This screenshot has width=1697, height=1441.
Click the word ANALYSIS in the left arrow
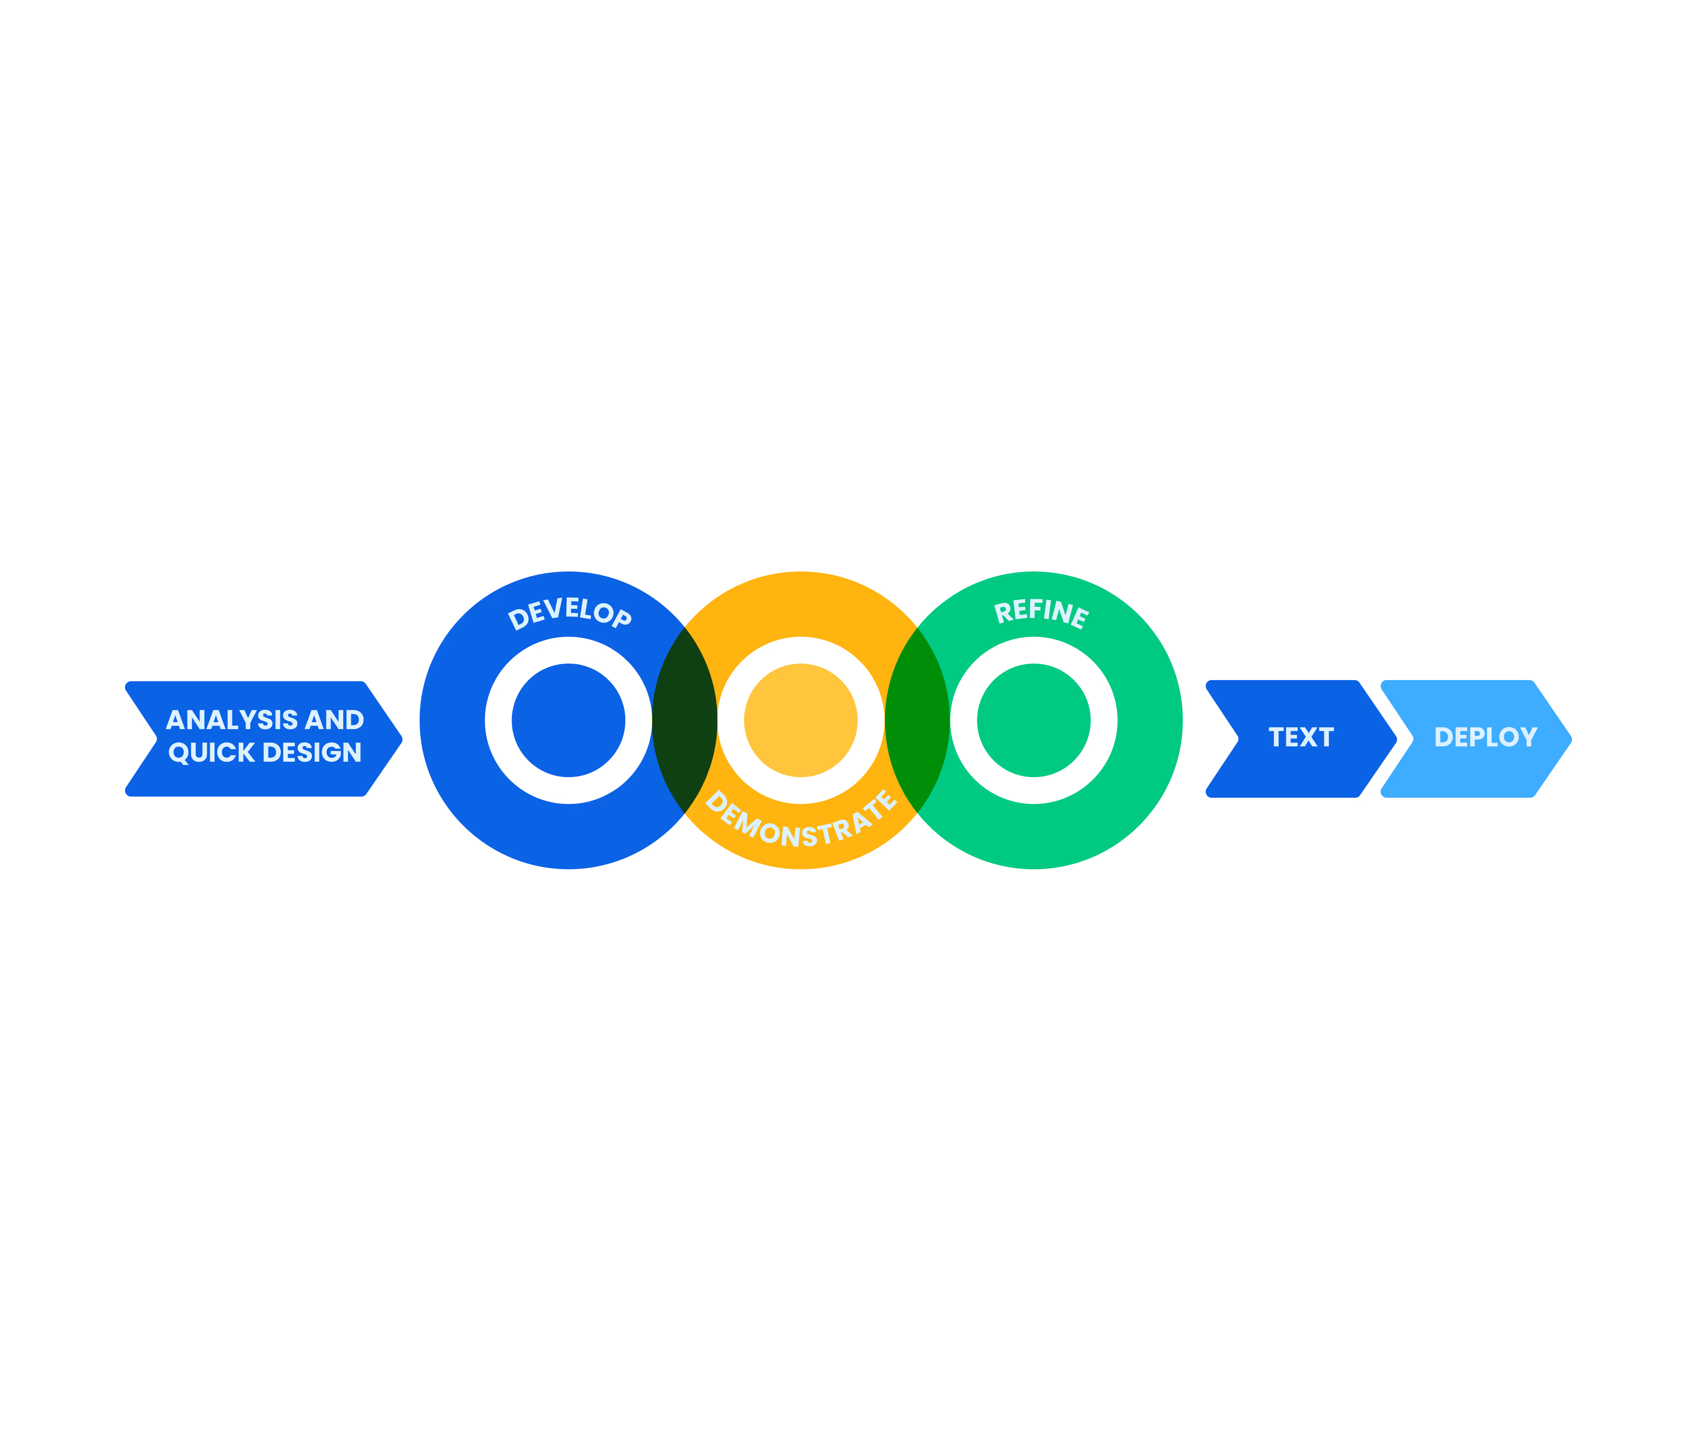click(x=231, y=720)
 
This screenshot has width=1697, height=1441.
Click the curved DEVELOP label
click(x=570, y=613)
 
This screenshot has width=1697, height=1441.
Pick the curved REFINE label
click(x=1041, y=613)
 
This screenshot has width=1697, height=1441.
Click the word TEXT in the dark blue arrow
click(x=1301, y=738)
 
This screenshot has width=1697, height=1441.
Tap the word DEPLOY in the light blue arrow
click(x=1485, y=738)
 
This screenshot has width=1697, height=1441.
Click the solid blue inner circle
click(x=569, y=721)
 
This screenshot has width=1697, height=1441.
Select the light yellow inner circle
click(x=801, y=721)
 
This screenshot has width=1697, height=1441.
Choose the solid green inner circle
click(x=1034, y=721)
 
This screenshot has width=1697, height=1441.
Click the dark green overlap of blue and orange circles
click(x=685, y=721)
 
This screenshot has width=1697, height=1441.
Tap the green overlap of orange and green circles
click(x=917, y=721)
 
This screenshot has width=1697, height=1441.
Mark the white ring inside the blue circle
click(x=499, y=721)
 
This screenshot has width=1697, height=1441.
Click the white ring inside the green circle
click(x=964, y=721)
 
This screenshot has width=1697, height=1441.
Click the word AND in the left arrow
click(x=334, y=720)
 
